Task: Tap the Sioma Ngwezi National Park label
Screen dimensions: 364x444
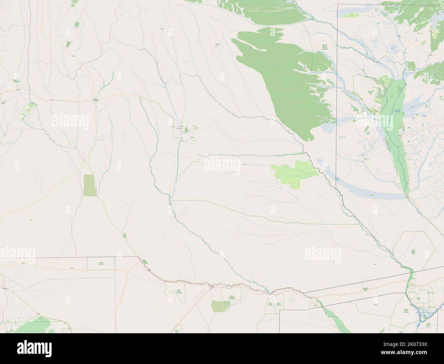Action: click(x=414, y=252)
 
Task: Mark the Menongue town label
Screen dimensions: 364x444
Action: click(x=95, y=100)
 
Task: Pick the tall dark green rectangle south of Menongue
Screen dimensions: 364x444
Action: click(x=89, y=185)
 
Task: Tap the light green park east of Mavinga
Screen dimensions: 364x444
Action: click(x=296, y=173)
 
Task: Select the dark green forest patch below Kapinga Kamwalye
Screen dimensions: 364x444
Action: click(x=218, y=306)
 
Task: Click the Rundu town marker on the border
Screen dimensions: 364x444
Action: click(x=212, y=288)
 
